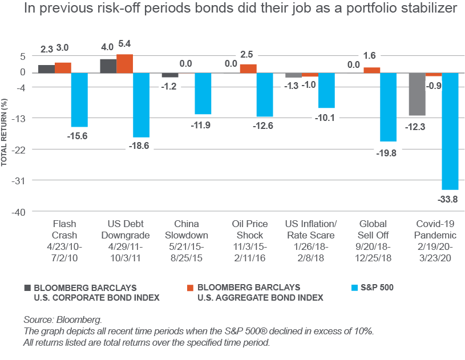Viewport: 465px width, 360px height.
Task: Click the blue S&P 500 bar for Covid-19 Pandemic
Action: (451, 131)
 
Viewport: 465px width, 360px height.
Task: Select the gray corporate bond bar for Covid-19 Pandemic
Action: (417, 94)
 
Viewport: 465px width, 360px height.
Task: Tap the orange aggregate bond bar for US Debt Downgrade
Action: (125, 63)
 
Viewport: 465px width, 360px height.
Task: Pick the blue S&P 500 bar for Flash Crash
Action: (79, 99)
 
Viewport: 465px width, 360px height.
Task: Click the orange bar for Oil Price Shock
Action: (248, 68)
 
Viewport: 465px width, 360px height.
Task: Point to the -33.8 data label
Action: (450, 199)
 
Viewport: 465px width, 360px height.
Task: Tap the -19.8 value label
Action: (388, 152)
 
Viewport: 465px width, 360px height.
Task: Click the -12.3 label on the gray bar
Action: (415, 127)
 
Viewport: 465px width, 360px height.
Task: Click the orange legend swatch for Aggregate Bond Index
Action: (190, 287)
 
